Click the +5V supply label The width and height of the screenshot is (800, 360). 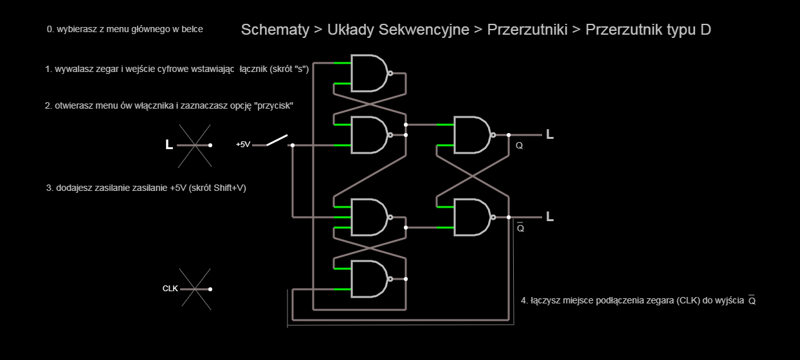pos(243,145)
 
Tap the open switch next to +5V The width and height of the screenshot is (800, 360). pos(277,140)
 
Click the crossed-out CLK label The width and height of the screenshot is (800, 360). pos(170,289)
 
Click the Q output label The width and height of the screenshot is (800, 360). pos(519,146)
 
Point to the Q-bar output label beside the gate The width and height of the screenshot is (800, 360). pos(520,227)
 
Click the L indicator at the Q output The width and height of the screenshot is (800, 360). pos(550,134)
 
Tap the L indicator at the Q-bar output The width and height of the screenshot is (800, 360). pos(550,217)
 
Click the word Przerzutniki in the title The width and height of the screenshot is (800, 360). pos(527,30)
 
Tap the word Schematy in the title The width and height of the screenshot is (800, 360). pos(275,30)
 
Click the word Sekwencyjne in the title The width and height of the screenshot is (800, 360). pos(424,30)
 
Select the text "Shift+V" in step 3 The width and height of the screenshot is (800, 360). pos(228,188)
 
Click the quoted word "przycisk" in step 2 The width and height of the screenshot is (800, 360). pos(273,105)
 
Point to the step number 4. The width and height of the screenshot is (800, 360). pos(523,300)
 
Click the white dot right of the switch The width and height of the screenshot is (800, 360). pos(293,145)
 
